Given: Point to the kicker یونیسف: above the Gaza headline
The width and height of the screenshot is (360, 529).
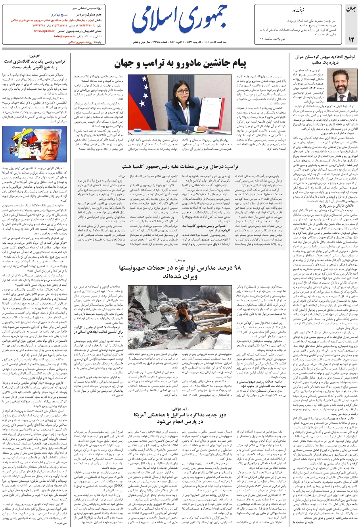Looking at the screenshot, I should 180,260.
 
